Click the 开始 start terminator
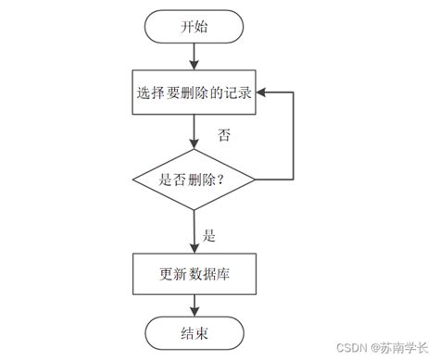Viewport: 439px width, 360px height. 194,27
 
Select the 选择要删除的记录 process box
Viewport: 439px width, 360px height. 194,93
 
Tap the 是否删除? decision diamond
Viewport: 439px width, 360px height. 194,180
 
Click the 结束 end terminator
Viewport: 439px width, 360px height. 194,333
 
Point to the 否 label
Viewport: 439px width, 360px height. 223,135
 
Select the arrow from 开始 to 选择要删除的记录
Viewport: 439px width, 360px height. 194,56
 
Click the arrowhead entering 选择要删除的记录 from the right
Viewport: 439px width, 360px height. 262,93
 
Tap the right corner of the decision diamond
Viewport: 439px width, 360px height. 256,180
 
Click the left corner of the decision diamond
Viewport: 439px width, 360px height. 133,180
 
